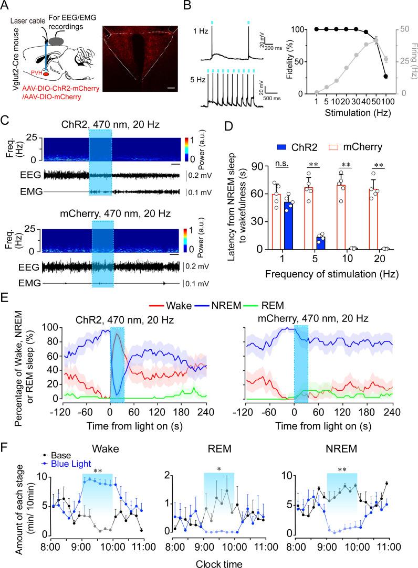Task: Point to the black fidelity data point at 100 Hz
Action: tap(386, 77)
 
